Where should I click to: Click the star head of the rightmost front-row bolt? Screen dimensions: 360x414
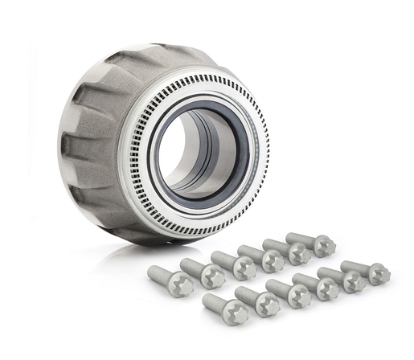[x=379, y=274]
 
